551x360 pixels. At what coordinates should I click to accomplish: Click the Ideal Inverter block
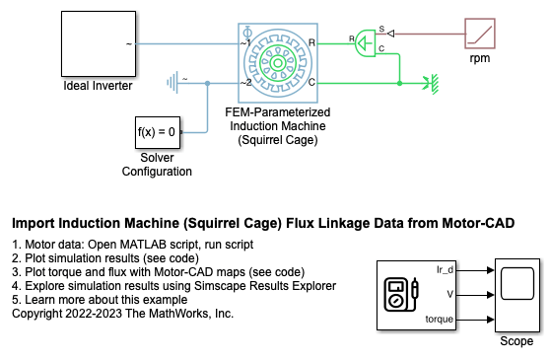pos(99,43)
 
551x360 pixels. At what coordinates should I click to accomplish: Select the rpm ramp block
pos(480,34)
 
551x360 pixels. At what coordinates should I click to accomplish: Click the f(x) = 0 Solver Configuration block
pos(158,132)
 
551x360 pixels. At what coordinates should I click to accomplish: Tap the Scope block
pos(517,295)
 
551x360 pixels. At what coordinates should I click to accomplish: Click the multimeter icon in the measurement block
pos(401,295)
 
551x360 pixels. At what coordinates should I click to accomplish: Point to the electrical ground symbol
pos(172,83)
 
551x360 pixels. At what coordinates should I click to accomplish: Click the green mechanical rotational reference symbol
pos(432,84)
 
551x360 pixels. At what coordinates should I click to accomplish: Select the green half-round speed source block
pos(366,43)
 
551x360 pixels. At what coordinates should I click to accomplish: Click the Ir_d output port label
pos(445,269)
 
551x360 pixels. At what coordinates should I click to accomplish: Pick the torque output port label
pos(440,320)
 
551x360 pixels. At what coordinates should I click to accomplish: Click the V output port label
pos(449,294)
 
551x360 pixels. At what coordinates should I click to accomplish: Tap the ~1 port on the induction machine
pos(245,42)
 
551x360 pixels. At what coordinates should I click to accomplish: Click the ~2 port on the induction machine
pos(246,83)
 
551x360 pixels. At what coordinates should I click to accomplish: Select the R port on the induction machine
pos(311,42)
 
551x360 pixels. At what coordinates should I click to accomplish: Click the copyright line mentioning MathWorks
pos(122,314)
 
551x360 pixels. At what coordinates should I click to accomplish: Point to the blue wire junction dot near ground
pos(208,83)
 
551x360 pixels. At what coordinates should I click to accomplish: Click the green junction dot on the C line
pos(399,83)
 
